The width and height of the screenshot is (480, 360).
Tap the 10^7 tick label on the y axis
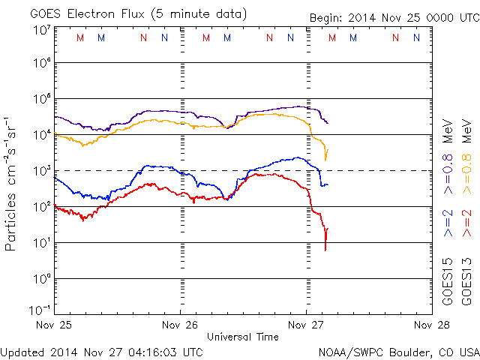point(40,30)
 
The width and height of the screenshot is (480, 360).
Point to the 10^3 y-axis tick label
point(40,171)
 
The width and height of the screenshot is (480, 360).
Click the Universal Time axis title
point(242,337)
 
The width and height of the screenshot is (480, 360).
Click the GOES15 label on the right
point(448,280)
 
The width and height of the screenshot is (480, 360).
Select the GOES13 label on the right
point(467,280)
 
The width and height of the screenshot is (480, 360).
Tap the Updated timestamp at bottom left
point(101,351)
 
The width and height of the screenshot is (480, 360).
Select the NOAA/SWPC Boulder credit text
point(397,351)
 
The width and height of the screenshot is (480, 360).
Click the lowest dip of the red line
point(325,249)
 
